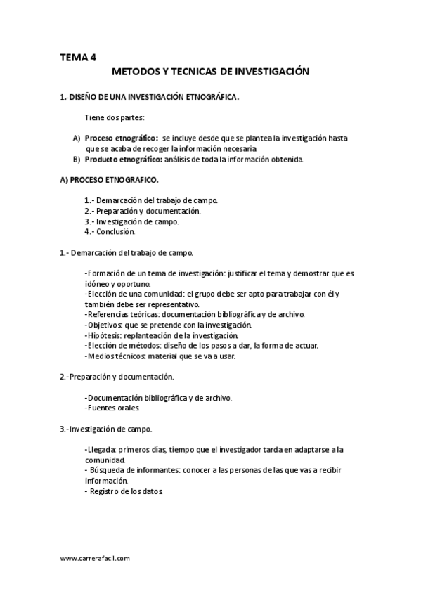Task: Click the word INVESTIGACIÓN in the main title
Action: [x=271, y=72]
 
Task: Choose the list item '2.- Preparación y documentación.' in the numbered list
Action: [x=143, y=211]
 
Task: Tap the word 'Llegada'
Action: [x=101, y=448]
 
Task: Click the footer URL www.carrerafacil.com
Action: [x=95, y=558]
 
